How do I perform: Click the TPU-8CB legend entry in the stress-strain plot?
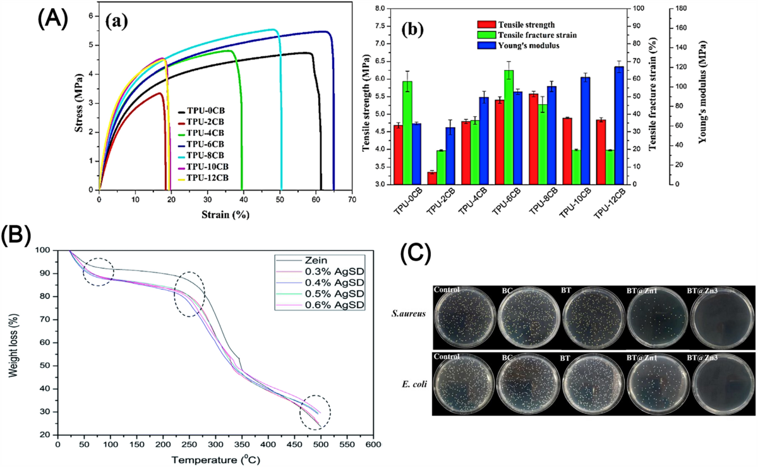pos(207,155)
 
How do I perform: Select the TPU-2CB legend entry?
pos(207,121)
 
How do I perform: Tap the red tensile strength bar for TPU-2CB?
pos(431,178)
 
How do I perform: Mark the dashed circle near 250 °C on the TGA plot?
pos(189,294)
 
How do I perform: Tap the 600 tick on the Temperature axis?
pos(373,445)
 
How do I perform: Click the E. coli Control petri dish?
pos(464,383)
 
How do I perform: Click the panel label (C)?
pos(416,252)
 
